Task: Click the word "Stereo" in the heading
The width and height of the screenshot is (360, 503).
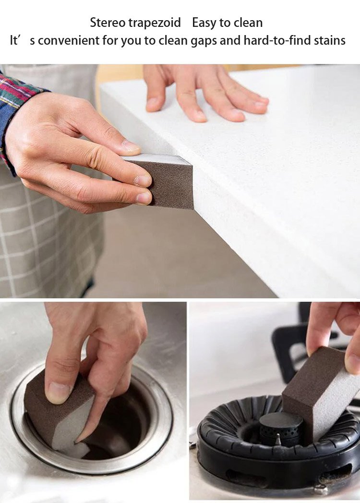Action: pos(108,23)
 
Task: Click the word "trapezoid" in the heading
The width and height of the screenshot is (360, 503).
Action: pos(155,23)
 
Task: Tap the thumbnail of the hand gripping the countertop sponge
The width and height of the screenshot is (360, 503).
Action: pos(131,147)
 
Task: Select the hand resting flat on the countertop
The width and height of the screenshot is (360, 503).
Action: pos(205,93)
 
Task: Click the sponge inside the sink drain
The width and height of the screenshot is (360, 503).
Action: pos(58,412)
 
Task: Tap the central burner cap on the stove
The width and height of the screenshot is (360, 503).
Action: pos(280,427)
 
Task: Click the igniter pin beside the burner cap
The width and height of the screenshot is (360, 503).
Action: pos(278,440)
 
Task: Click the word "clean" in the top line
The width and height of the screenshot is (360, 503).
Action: pos(248,23)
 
